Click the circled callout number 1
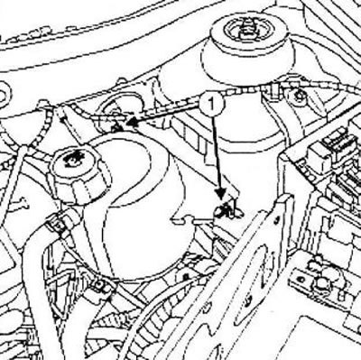tap(212, 105)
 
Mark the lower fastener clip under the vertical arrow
tap(227, 209)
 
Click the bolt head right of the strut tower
tap(300, 97)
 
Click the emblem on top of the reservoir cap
tap(73, 157)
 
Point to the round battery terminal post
tap(322, 283)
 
